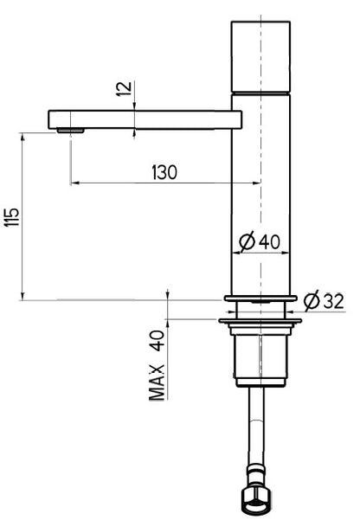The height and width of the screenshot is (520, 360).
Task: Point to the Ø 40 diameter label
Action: coord(260,241)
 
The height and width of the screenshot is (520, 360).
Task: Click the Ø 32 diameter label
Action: coord(323,300)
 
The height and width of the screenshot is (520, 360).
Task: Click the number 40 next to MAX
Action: coord(157,340)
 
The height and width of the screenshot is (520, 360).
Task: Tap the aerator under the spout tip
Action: coord(69,130)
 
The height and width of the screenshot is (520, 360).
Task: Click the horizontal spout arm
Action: coord(143,119)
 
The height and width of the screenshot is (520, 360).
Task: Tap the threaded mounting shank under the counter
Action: coord(259,355)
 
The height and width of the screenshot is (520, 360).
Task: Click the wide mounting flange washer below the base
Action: coord(260,322)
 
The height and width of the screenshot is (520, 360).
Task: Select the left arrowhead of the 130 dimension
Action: coord(74,183)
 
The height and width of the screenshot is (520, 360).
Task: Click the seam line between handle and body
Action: coord(259,91)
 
